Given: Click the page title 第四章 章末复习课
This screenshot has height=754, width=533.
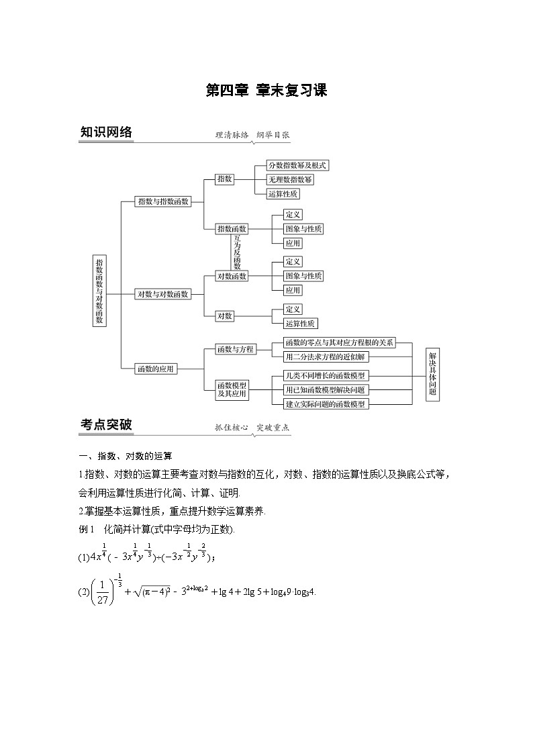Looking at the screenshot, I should point(266,91).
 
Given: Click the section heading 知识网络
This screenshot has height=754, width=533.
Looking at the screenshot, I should point(106,132).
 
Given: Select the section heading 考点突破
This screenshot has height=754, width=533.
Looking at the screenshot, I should point(106,424).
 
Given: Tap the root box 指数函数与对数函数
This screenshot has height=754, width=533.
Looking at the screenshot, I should point(99,291).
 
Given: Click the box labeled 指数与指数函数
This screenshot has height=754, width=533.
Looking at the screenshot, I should point(163,201).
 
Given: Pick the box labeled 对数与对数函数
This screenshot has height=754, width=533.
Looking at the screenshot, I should point(163,293).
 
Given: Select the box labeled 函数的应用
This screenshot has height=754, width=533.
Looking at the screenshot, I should point(156,368).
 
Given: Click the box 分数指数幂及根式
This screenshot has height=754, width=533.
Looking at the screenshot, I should point(297,165).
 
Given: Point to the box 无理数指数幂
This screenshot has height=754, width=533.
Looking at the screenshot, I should point(290,179).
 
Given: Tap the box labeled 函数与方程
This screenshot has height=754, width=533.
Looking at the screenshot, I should point(236,349).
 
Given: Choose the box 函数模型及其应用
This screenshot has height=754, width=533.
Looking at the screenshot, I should point(232,389).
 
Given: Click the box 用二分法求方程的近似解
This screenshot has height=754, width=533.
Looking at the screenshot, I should point(325,357).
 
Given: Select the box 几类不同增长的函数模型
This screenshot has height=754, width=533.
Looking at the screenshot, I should point(326,376).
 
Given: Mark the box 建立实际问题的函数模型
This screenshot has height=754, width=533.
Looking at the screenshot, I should point(326,404).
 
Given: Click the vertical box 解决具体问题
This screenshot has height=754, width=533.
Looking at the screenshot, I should point(432,374).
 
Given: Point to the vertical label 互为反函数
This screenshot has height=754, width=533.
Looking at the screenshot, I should point(237,252).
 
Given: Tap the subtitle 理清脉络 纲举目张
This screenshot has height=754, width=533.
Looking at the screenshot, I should point(252,134).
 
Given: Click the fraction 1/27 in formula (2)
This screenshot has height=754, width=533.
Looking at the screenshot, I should point(92,592).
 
